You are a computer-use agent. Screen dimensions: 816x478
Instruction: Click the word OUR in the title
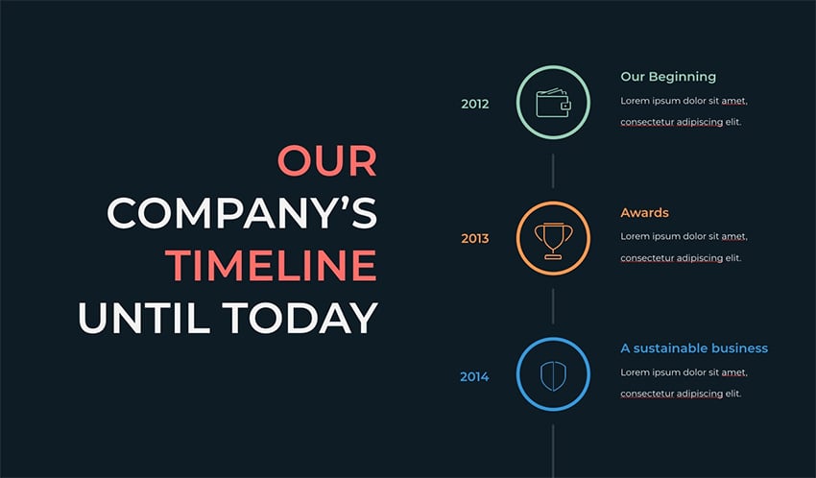click(326, 160)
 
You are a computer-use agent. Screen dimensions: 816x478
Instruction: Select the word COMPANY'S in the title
click(242, 213)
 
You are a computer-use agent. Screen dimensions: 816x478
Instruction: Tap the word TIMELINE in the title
click(271, 265)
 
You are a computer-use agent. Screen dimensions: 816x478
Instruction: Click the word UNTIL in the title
click(144, 318)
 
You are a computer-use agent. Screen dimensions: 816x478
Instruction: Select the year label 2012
click(474, 104)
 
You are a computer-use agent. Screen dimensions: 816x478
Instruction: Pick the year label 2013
click(474, 239)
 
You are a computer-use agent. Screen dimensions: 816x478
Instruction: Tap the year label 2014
click(474, 376)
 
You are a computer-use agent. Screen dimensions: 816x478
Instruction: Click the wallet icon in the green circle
click(553, 103)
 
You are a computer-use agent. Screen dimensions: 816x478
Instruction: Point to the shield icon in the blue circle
click(553, 376)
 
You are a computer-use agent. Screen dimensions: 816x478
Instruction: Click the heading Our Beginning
click(668, 77)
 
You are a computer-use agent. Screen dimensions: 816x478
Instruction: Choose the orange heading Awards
click(645, 213)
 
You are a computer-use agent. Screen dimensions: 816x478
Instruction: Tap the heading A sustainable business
click(694, 348)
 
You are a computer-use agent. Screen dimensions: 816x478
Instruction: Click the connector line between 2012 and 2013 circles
click(553, 171)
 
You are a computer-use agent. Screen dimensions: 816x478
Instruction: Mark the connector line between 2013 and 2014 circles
click(553, 306)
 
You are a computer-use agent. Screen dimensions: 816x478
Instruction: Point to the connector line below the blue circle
click(553, 451)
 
